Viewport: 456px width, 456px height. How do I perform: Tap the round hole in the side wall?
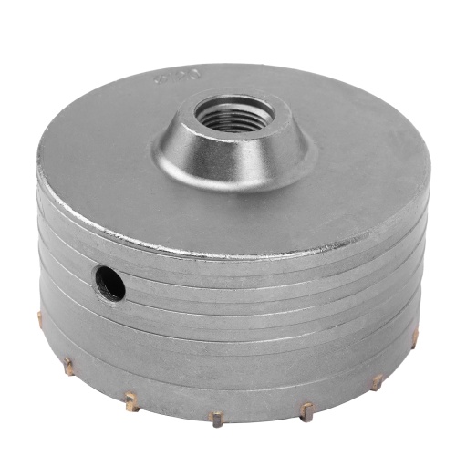coord(110,285)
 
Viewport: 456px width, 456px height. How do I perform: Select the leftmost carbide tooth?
coord(38,316)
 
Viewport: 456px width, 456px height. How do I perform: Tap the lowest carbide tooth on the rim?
coord(215,420)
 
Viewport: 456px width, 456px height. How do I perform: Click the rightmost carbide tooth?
coord(415,337)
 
